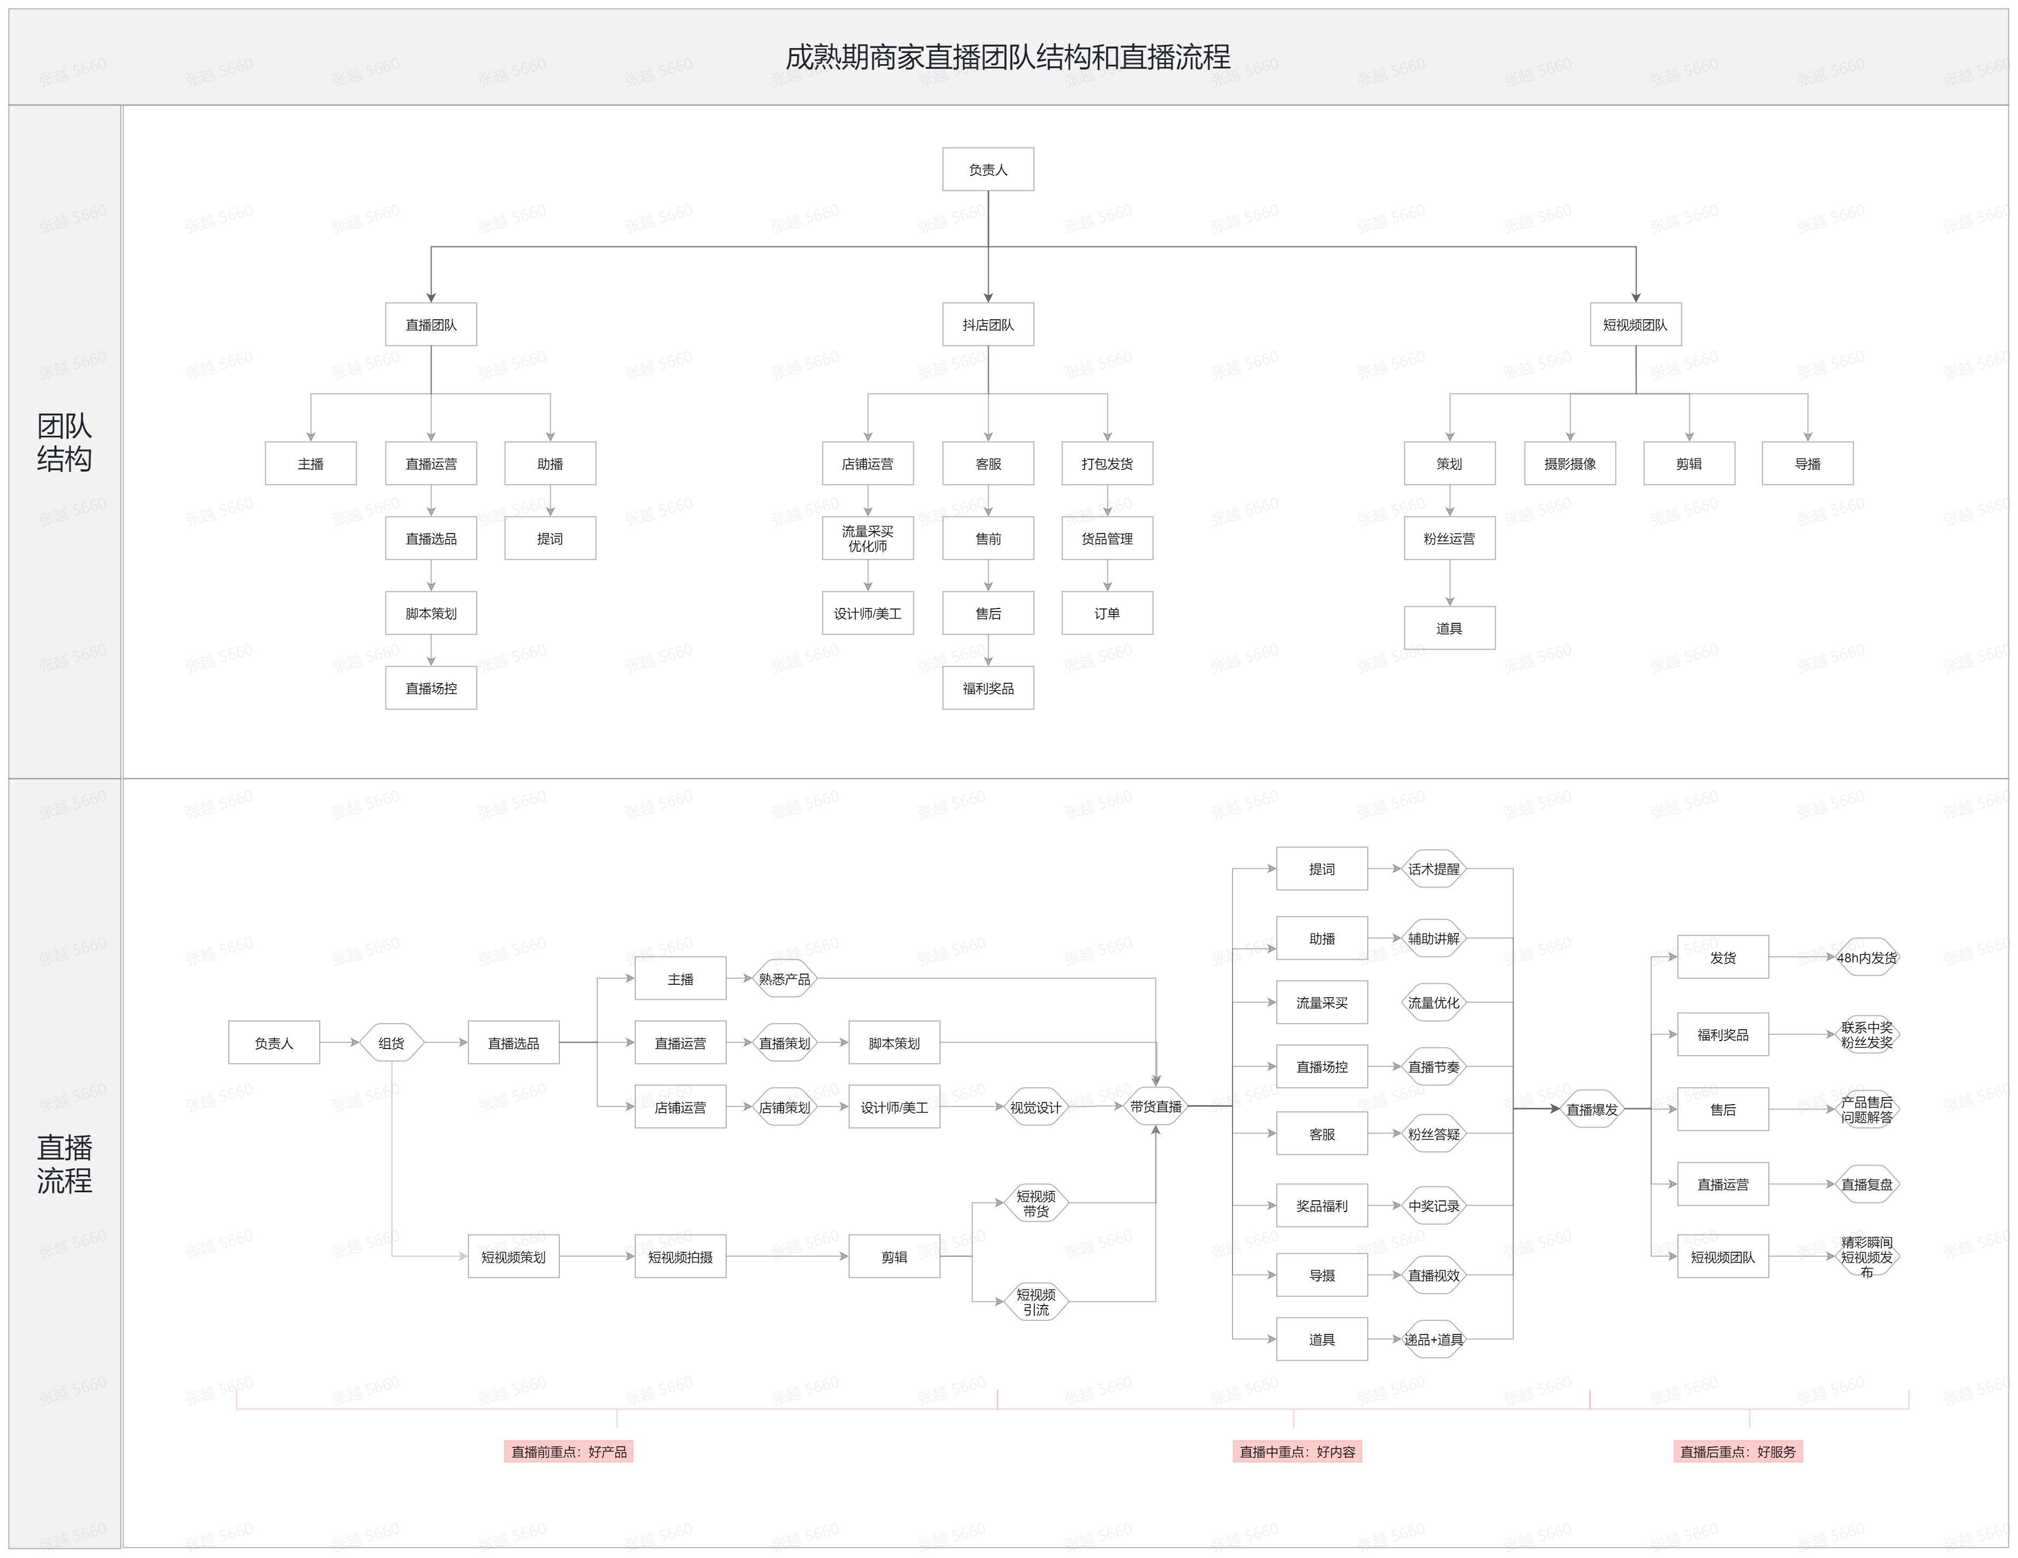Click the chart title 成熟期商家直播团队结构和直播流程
[x=1007, y=57]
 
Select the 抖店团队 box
[x=988, y=325]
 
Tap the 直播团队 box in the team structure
[x=430, y=325]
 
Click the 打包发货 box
[x=1107, y=463]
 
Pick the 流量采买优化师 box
[x=868, y=538]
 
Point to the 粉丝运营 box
[x=1449, y=538]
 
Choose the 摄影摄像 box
[x=1570, y=463]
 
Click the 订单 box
[x=1107, y=613]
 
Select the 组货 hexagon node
[x=391, y=1043]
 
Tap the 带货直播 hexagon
[x=1155, y=1106]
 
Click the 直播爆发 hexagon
[x=1592, y=1109]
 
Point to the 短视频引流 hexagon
[x=1036, y=1301]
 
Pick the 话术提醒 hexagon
[x=1433, y=869]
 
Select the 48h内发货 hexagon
[x=1867, y=958]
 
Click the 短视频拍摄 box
[x=680, y=1256]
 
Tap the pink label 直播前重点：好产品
[x=568, y=1451]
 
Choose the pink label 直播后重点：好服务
[x=1737, y=1451]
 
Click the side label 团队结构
[x=65, y=442]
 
